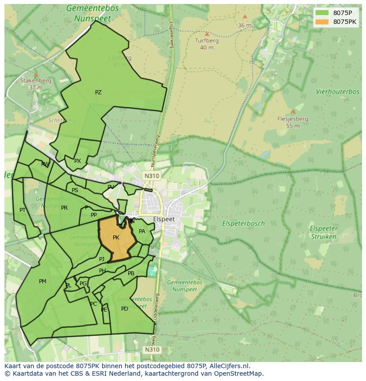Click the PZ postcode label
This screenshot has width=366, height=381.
click(98, 92)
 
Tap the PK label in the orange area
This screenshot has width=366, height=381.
click(116, 238)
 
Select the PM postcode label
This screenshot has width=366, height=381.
click(42, 281)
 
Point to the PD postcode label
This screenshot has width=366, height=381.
click(125, 308)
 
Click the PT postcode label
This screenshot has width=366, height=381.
click(23, 210)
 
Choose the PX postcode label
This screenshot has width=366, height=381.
click(77, 161)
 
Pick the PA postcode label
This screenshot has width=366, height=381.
click(142, 231)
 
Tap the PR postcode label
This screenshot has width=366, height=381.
click(64, 208)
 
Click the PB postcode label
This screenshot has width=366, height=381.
click(131, 273)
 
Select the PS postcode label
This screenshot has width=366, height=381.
click(75, 190)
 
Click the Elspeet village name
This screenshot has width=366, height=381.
click(164, 219)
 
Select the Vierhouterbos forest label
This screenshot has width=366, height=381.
click(338, 92)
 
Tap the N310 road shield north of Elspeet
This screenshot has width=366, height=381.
click(151, 176)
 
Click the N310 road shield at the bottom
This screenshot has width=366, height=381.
click(151, 350)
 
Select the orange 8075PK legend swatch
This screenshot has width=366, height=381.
click(322, 22)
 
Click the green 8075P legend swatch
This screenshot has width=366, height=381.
click(322, 13)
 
